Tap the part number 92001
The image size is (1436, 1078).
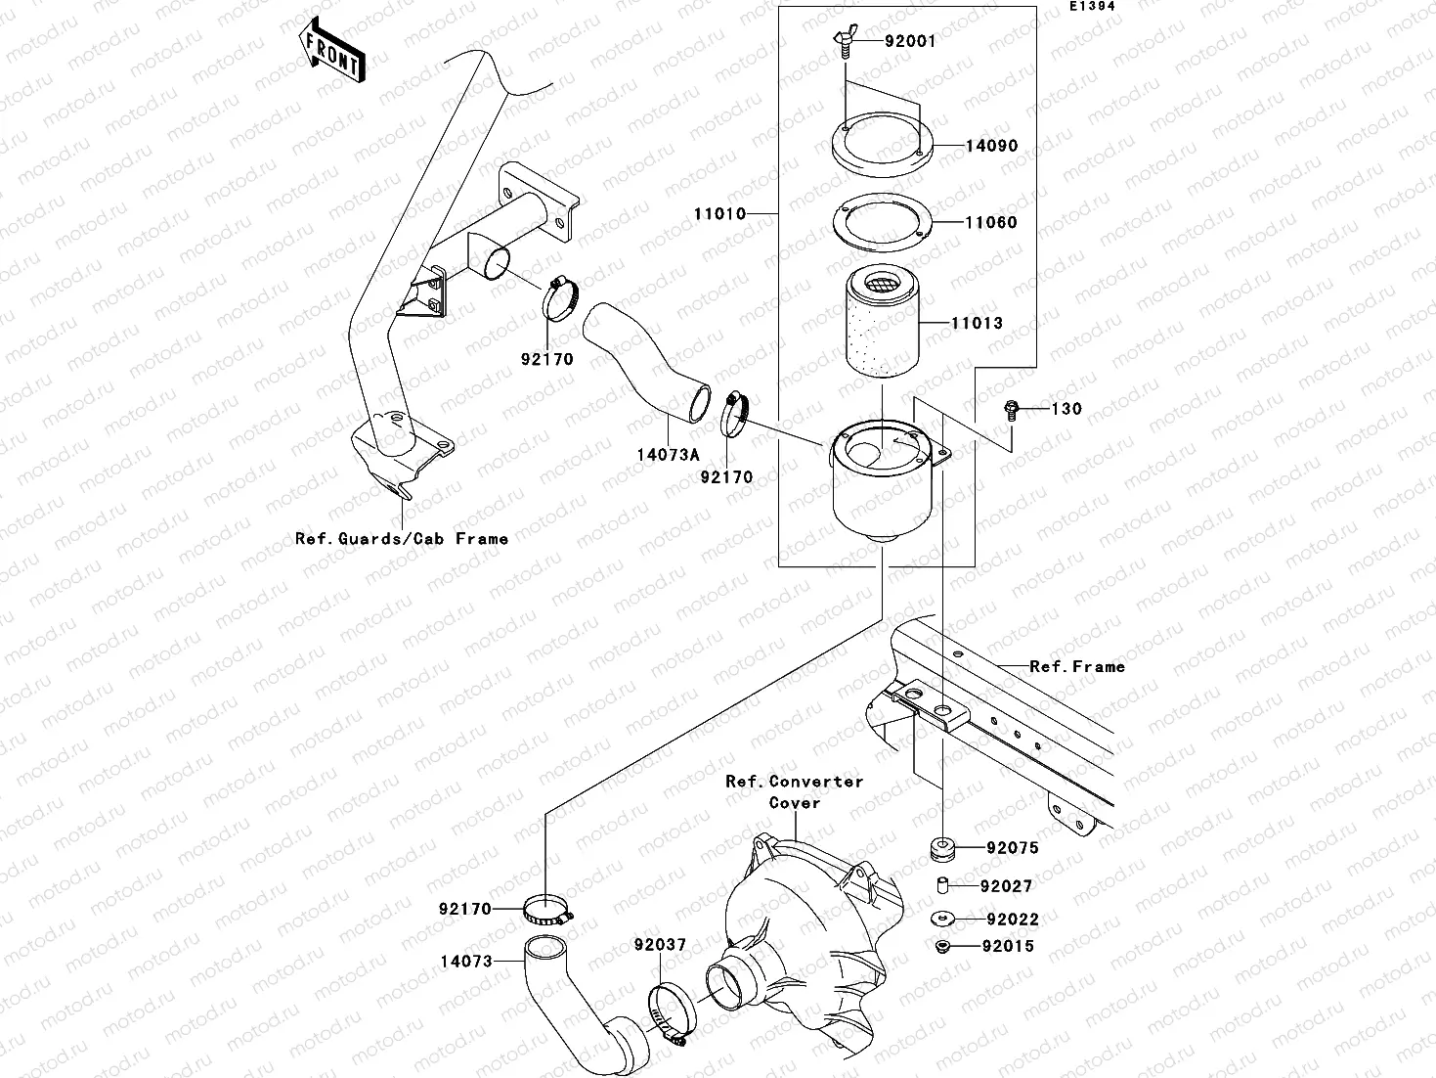point(910,41)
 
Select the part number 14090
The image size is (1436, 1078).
point(991,146)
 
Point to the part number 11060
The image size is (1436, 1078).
point(991,222)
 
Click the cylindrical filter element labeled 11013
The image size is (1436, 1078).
point(882,323)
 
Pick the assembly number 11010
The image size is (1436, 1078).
point(719,213)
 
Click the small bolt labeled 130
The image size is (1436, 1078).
point(1011,409)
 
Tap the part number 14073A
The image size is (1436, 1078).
point(667,455)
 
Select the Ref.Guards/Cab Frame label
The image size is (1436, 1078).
point(402,538)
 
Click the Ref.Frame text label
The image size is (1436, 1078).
point(1076,666)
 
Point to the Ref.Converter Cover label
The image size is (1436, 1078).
point(794,791)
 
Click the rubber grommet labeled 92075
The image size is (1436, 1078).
point(943,848)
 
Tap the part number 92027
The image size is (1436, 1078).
point(1007,886)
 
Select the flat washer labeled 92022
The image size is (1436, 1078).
point(944,920)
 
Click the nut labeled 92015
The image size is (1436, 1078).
point(943,947)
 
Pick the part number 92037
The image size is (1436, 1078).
point(660,945)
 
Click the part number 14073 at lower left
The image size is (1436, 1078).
point(466,962)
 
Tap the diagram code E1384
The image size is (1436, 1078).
point(1091,6)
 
